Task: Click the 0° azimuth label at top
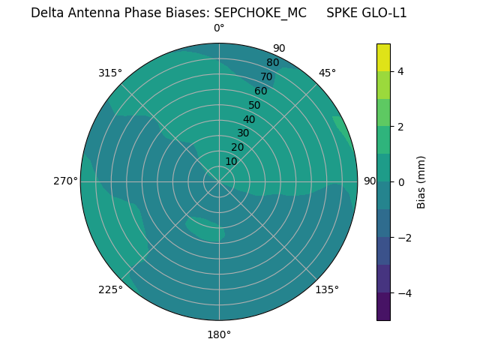tap(219, 28)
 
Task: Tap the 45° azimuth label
tap(327, 73)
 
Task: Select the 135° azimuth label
tap(327, 289)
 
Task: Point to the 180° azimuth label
tap(219, 334)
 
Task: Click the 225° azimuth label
tap(110, 289)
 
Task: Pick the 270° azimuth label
tap(65, 181)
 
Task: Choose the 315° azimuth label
tap(110, 73)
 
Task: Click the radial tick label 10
tap(231, 161)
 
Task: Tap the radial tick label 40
tap(249, 119)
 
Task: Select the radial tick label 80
tap(273, 62)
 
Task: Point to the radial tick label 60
tap(261, 91)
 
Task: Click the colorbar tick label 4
tap(401, 71)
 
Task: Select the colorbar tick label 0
tap(401, 181)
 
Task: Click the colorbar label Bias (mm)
tap(421, 181)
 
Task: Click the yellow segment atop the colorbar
tap(383, 58)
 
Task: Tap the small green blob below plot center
tap(205, 229)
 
